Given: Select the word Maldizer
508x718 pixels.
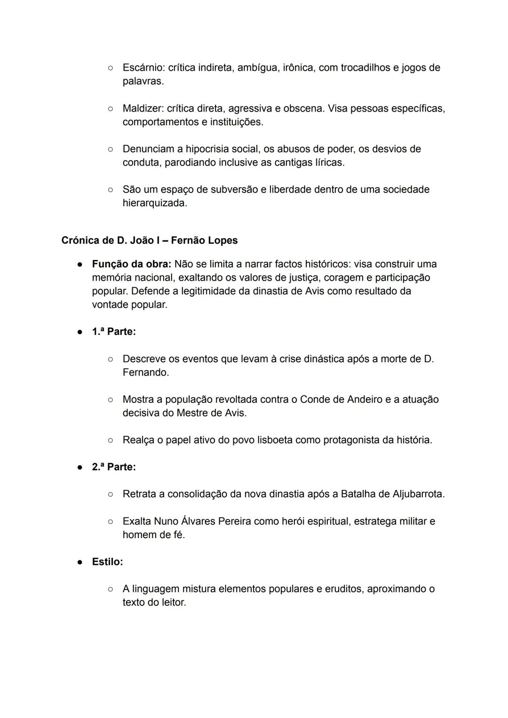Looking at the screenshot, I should click(143, 109).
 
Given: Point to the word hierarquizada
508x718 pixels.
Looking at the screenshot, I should click(154, 203).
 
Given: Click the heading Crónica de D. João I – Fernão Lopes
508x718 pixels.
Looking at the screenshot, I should click(150, 241).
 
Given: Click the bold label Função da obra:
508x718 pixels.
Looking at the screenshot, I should click(131, 264).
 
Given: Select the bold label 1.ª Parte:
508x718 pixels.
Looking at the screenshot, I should click(114, 332).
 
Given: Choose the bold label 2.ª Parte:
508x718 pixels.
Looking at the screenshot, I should click(114, 467).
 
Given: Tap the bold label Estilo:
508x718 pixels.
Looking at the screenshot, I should click(107, 562).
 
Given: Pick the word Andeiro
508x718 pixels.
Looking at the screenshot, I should click(365, 400).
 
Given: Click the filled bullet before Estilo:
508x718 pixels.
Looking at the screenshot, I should click(80, 562).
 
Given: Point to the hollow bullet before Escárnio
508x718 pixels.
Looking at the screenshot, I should click(110, 68).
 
